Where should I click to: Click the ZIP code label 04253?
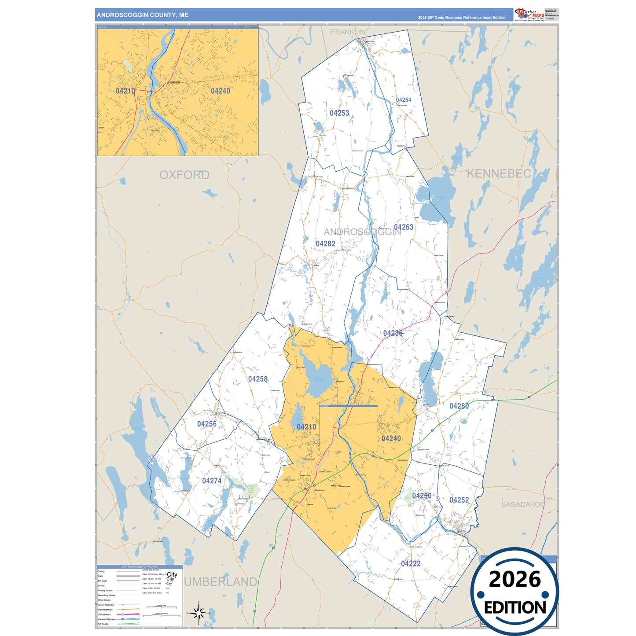pyautogui.click(x=339, y=113)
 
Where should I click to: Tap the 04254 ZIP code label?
pyautogui.click(x=403, y=100)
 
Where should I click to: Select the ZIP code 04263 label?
pyautogui.click(x=404, y=227)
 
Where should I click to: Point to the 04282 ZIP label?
pyautogui.click(x=325, y=244)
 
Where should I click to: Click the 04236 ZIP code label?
pyautogui.click(x=393, y=333)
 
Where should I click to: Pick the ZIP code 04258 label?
pyautogui.click(x=258, y=379)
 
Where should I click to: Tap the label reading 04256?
pyautogui.click(x=207, y=424)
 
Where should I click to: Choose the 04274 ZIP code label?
pyautogui.click(x=212, y=481)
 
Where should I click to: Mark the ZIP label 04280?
pyautogui.click(x=459, y=406)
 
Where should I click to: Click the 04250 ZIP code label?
pyautogui.click(x=422, y=496)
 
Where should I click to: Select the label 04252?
pyautogui.click(x=459, y=500)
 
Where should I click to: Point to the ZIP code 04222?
pyautogui.click(x=411, y=563)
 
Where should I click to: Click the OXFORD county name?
pyautogui.click(x=184, y=175)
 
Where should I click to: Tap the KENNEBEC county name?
pyautogui.click(x=499, y=174)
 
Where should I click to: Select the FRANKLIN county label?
pyautogui.click(x=348, y=32)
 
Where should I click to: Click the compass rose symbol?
pyautogui.click(x=199, y=612)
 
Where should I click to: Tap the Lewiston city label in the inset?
pyautogui.click(x=174, y=82)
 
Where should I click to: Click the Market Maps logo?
pyautogui.click(x=529, y=14)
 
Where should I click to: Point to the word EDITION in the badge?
pyautogui.click(x=515, y=608)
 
